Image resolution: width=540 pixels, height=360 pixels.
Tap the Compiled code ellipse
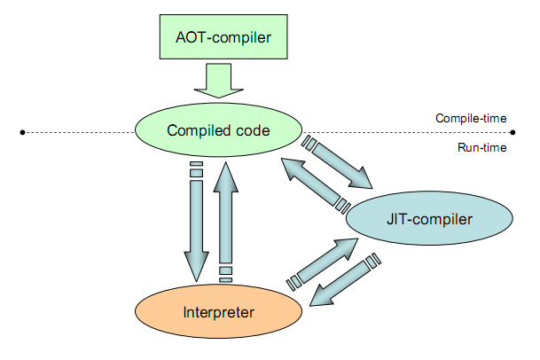(217, 131)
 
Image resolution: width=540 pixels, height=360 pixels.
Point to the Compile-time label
(471, 118)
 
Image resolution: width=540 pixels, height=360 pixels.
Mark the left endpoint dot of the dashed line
(22, 132)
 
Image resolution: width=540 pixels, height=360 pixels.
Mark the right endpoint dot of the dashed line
(513, 132)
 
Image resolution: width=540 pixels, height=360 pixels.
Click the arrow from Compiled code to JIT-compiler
(341, 164)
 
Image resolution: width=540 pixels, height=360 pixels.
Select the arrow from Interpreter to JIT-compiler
(321, 263)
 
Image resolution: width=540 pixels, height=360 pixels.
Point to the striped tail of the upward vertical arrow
(226, 270)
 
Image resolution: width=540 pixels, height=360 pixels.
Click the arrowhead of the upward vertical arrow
(226, 177)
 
